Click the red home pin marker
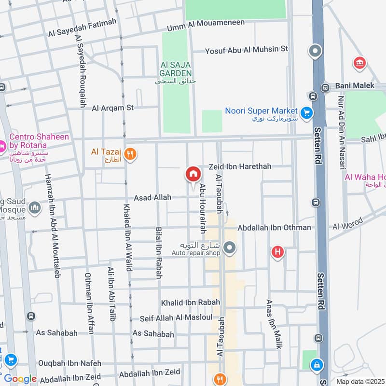(193, 174)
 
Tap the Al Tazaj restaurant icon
(130, 154)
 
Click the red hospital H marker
(277, 251)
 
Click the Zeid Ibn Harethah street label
(240, 166)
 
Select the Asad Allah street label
(152, 198)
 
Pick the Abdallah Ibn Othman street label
(274, 227)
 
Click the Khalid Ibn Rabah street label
(190, 303)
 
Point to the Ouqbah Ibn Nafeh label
(70, 363)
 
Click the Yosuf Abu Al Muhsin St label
(246, 49)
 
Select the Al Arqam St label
(112, 108)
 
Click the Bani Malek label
(355, 85)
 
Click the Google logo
(20, 379)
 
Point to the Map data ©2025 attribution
(360, 381)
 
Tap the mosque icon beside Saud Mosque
(34, 208)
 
